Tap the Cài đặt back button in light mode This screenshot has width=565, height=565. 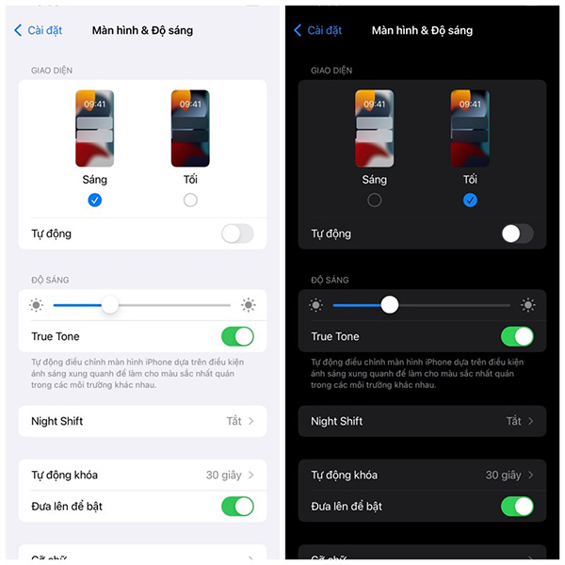point(39,30)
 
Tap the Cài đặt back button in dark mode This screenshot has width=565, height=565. point(318,30)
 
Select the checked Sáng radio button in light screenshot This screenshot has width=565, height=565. point(94,200)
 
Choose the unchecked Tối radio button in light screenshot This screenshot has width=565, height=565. point(190,200)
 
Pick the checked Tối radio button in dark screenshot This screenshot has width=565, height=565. point(470,200)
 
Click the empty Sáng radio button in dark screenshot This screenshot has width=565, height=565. point(375,200)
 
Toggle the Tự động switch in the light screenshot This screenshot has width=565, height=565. point(237,234)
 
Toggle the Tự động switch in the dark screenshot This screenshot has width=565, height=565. point(517,234)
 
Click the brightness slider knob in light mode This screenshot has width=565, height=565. point(110,304)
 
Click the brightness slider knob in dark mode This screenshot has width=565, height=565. point(390,304)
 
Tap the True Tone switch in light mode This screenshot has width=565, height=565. point(237,336)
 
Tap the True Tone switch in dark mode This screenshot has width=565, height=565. point(517,336)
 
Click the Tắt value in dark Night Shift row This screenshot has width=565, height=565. point(513,421)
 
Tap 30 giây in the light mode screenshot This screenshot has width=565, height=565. point(224,475)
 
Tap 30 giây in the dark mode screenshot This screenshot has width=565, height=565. point(504,475)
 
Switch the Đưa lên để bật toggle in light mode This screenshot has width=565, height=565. point(237,507)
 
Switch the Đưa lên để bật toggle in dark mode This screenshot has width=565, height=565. point(517,507)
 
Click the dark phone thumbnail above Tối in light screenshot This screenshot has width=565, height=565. point(190,128)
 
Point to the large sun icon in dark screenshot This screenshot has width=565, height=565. point(528,304)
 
